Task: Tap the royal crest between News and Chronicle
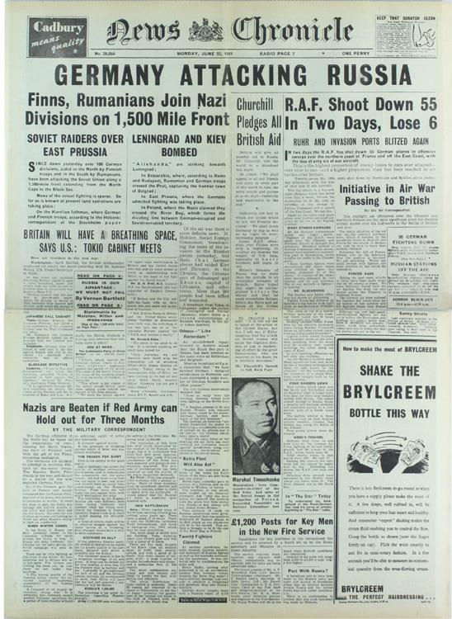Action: (x=204, y=31)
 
